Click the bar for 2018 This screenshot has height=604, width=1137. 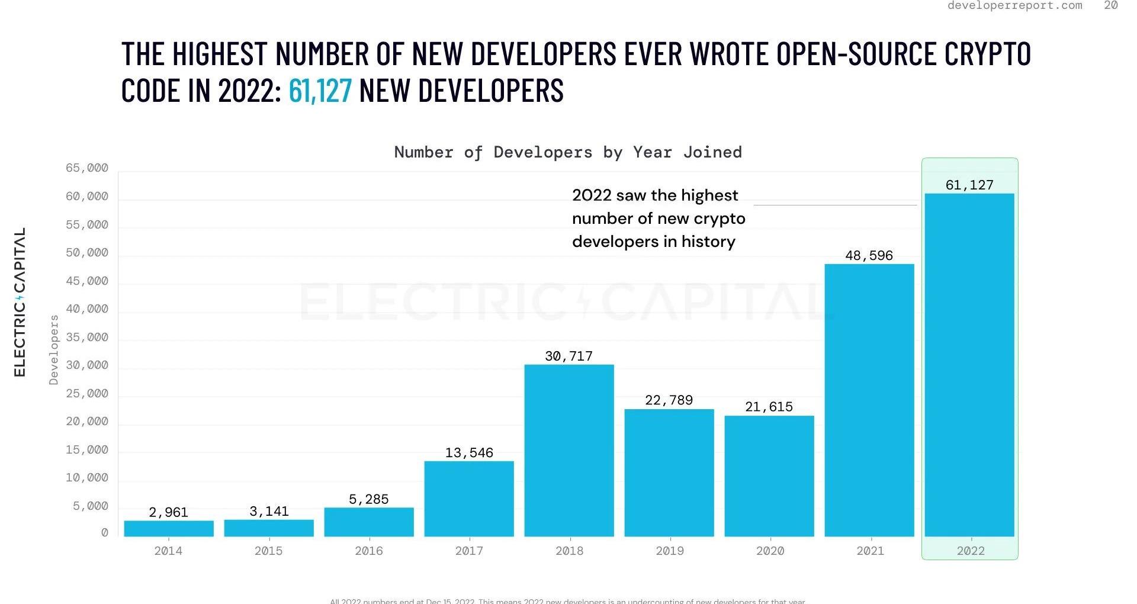pos(569,450)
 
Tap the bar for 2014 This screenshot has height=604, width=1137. pos(169,528)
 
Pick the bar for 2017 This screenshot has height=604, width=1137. pos(469,499)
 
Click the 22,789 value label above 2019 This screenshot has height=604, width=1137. pos(669,400)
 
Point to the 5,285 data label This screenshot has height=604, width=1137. pos(368,499)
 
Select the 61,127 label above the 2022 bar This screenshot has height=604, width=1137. pos(969,185)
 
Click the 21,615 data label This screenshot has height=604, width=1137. pos(769,407)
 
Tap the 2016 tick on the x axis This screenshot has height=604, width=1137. pos(368,551)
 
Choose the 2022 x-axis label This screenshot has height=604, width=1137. pos(971,551)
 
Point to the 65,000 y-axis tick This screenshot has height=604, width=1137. pos(87,168)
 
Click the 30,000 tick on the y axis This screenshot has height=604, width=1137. pos(87,365)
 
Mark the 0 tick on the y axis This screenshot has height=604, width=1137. pos(105,533)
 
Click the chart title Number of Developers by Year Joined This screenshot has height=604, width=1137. pos(568,152)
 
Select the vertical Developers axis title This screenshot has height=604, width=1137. pos(54,349)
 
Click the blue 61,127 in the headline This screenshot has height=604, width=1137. pos(320,91)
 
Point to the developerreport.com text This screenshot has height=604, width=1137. pos(1014,5)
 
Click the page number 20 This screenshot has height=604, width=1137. pos(1111,5)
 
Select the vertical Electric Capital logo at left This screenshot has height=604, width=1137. pos(20,302)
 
